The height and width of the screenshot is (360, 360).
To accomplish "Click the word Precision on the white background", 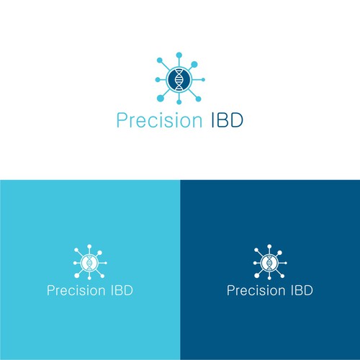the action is coord(159,120).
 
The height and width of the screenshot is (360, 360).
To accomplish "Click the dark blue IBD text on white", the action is coord(228,120).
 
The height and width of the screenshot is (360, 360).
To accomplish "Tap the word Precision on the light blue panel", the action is coord(76,290).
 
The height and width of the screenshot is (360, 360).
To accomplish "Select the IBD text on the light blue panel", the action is coord(122,290).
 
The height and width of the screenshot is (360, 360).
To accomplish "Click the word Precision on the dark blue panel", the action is coord(256,290).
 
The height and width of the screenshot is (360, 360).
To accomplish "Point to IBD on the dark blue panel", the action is coord(302,290).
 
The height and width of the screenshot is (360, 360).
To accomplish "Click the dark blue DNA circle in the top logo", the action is coord(179,79).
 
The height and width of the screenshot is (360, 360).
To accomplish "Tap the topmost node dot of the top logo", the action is coord(179,55).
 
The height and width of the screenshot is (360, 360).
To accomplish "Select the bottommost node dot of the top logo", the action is coord(179,102).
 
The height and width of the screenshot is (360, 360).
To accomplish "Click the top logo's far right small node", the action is coord(203,80).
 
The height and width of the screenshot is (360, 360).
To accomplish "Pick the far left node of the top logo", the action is coord(158,80).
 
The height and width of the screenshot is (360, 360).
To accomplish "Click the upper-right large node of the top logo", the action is coord(194,64).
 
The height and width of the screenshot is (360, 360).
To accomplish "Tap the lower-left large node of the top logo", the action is coord(160,98).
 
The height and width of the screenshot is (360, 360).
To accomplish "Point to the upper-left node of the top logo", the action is coord(160,60).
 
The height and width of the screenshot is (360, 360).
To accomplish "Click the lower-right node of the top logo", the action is coord(198,99).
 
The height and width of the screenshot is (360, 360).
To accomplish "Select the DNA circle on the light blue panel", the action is coord(89,263).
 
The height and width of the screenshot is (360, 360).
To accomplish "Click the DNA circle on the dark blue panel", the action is coord(269,263).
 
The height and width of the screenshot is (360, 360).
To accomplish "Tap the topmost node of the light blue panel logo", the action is coord(89,246).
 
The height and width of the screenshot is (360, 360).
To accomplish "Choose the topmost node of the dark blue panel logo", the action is coord(269,246).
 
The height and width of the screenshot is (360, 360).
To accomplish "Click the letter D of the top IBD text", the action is coord(237,120).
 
